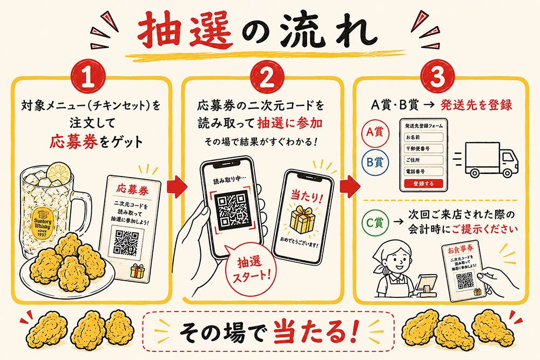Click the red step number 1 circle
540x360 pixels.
(x=89, y=77)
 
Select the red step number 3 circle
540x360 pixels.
(x=438, y=77)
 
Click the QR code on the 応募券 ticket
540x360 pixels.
(x=125, y=243)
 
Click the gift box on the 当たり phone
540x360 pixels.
(x=302, y=219)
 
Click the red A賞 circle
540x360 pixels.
(x=375, y=132)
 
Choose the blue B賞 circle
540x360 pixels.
(x=375, y=162)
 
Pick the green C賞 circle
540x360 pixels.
(x=375, y=223)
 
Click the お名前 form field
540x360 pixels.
(x=423, y=137)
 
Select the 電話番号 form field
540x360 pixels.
(x=423, y=171)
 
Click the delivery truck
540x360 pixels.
(x=491, y=160)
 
